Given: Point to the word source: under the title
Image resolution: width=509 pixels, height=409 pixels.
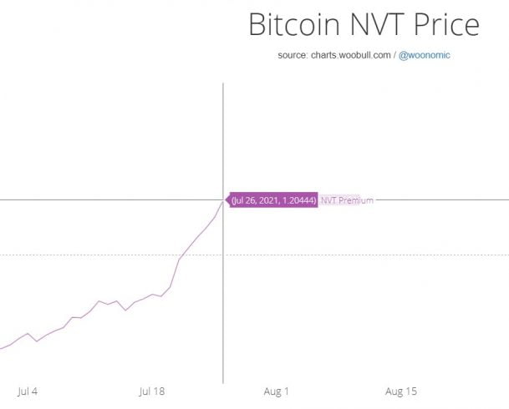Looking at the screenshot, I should click(293, 56).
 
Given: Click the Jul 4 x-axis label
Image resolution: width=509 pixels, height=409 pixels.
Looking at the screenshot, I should click(28, 391).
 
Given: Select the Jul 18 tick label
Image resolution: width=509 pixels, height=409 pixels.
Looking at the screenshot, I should click(152, 391).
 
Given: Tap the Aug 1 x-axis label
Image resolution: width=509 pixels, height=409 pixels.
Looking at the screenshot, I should click(276, 391).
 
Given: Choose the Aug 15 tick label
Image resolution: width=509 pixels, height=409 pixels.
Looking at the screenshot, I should click(401, 391).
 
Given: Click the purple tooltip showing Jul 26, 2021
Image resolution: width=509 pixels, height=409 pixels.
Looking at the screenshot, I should click(273, 200).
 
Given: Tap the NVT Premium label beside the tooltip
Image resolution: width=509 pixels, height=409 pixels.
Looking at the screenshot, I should click(347, 200).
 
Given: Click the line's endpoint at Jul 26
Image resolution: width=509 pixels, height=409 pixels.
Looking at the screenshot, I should click(223, 200).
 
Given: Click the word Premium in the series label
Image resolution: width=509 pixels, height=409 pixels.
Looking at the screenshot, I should click(356, 200).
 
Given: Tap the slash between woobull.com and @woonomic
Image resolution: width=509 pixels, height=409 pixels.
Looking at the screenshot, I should click(394, 56).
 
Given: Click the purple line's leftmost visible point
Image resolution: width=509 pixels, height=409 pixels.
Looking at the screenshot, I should click(1, 348).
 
